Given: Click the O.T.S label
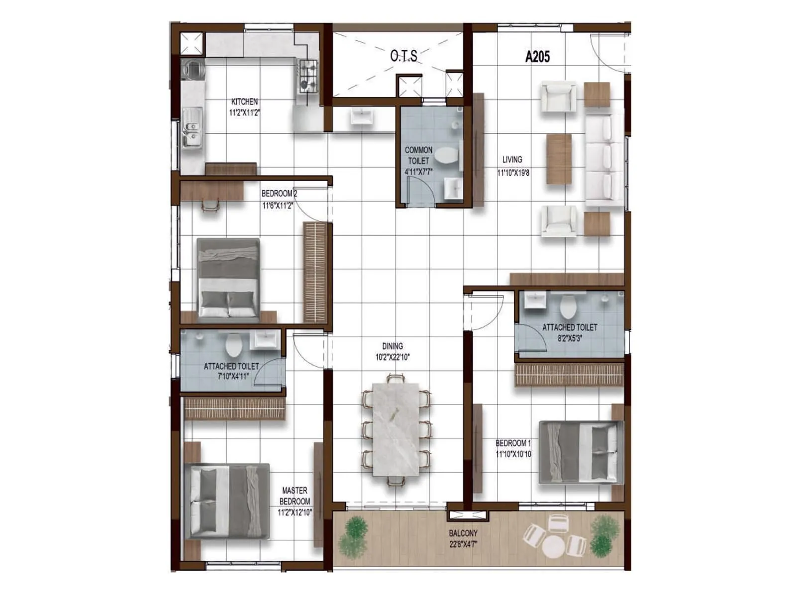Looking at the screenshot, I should [403, 56].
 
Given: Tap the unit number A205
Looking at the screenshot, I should [537, 57].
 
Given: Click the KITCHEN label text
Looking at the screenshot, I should [244, 101].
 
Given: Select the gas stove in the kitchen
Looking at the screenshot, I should [308, 75].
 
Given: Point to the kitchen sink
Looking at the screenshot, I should [192, 128].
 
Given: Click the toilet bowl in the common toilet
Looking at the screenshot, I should [446, 156].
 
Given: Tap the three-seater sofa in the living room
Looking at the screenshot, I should [604, 159].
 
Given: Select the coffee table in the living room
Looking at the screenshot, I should [559, 159].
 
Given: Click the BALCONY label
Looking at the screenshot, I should [463, 533].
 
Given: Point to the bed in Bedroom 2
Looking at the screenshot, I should [228, 278].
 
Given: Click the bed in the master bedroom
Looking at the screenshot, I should [227, 501].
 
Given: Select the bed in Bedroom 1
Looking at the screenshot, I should [581, 452].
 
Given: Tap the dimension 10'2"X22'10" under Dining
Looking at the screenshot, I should [393, 357].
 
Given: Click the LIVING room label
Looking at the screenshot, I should [512, 160].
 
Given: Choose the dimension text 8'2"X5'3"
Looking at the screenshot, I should [570, 338].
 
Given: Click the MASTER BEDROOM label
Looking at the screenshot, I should [295, 496].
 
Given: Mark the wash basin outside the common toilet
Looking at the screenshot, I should [361, 117].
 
